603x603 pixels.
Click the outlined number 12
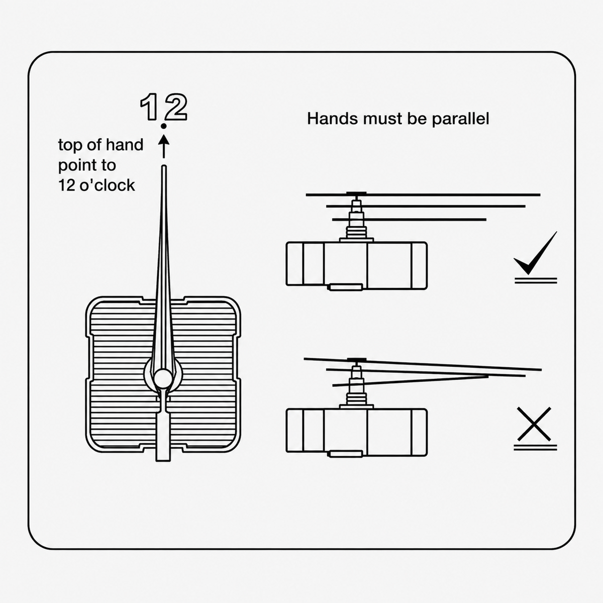(x=163, y=107)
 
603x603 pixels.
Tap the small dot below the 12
(x=163, y=126)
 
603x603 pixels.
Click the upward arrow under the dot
(x=163, y=146)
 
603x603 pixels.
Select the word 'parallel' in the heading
(x=460, y=119)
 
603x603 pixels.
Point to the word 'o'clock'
(x=107, y=185)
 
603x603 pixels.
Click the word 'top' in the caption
(x=69, y=146)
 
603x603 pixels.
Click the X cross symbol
(x=534, y=424)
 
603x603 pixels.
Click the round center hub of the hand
(x=163, y=378)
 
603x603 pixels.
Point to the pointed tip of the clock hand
(x=164, y=166)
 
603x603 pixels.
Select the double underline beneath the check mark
(x=536, y=280)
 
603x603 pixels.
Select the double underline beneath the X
(x=535, y=448)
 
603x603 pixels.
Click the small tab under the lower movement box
(x=345, y=454)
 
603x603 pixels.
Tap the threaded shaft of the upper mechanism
(x=356, y=232)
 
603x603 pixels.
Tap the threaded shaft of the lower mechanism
(x=356, y=398)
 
